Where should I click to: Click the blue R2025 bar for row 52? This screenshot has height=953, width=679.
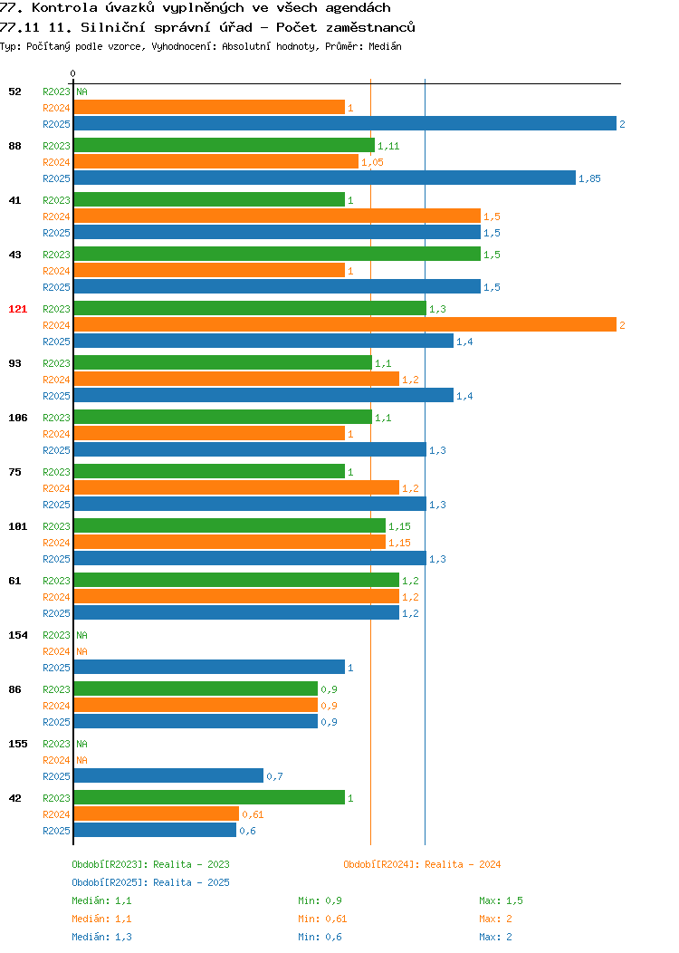345,123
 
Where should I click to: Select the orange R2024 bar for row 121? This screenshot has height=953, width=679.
345,324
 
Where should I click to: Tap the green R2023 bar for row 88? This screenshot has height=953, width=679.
225,145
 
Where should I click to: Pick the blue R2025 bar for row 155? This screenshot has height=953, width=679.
168,775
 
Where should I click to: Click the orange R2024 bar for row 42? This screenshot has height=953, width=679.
157,813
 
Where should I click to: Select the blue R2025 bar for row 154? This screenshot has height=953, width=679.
209,667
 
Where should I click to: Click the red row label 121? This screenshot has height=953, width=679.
17,309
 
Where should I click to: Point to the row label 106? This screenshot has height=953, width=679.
17,418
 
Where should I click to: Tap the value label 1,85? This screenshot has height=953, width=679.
589,178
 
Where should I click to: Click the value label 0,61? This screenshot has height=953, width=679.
253,814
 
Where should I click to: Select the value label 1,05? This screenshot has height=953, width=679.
372,162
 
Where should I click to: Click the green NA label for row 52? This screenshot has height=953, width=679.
82,91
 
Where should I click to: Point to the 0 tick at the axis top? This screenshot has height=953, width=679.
73,73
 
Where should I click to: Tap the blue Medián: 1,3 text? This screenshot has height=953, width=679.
101,937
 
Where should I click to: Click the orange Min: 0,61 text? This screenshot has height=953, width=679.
322,919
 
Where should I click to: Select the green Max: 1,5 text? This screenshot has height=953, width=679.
501,900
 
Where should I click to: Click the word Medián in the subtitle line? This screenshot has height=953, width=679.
385,46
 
